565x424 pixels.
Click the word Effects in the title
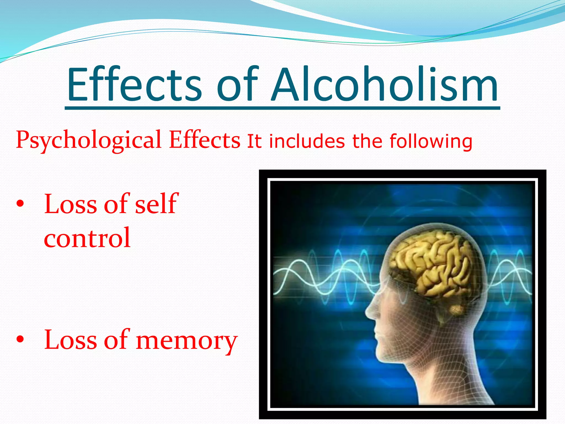point(134,84)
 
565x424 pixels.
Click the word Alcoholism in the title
point(385,84)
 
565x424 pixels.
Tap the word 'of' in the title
point(237,84)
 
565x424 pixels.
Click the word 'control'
point(87,238)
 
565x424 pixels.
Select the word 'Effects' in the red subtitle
point(204,140)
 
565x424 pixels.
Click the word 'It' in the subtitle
point(254,141)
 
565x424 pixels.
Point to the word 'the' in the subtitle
point(367,141)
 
